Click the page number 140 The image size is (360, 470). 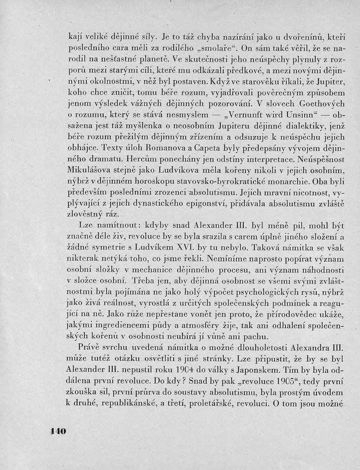pos(58,431)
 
